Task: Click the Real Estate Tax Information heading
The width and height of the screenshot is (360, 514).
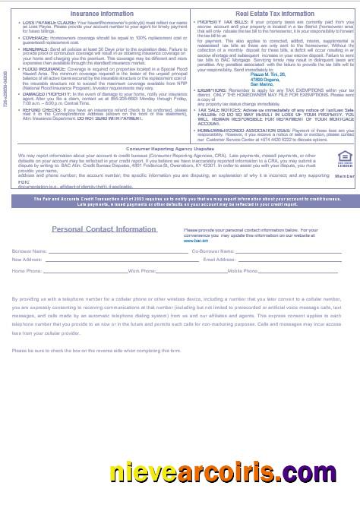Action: pos(274,14)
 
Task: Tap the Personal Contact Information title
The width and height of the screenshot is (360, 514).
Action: pos(104,229)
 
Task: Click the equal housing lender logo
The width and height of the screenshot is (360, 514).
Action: pos(343,159)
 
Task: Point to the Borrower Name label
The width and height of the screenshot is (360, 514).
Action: pos(29,250)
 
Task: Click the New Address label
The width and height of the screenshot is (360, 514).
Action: pos(27,260)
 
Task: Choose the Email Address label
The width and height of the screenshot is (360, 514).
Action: pos(220,260)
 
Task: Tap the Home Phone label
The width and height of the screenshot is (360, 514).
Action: pos(27,270)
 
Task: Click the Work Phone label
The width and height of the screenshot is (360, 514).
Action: pos(142,270)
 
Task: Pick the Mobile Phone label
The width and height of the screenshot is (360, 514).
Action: pos(243,270)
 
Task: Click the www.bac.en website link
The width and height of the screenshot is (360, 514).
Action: pos(192,238)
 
